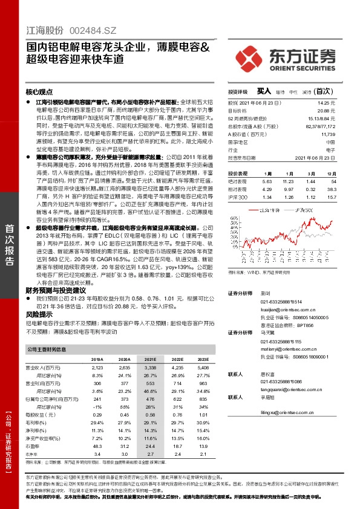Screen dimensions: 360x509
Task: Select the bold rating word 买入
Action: coord(264,91)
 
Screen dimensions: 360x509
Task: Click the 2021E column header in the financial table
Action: coord(149,358)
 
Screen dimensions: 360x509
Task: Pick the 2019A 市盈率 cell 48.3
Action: coord(96,445)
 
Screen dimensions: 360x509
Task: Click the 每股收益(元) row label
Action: coord(39,414)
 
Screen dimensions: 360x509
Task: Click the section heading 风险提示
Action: coord(38,315)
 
